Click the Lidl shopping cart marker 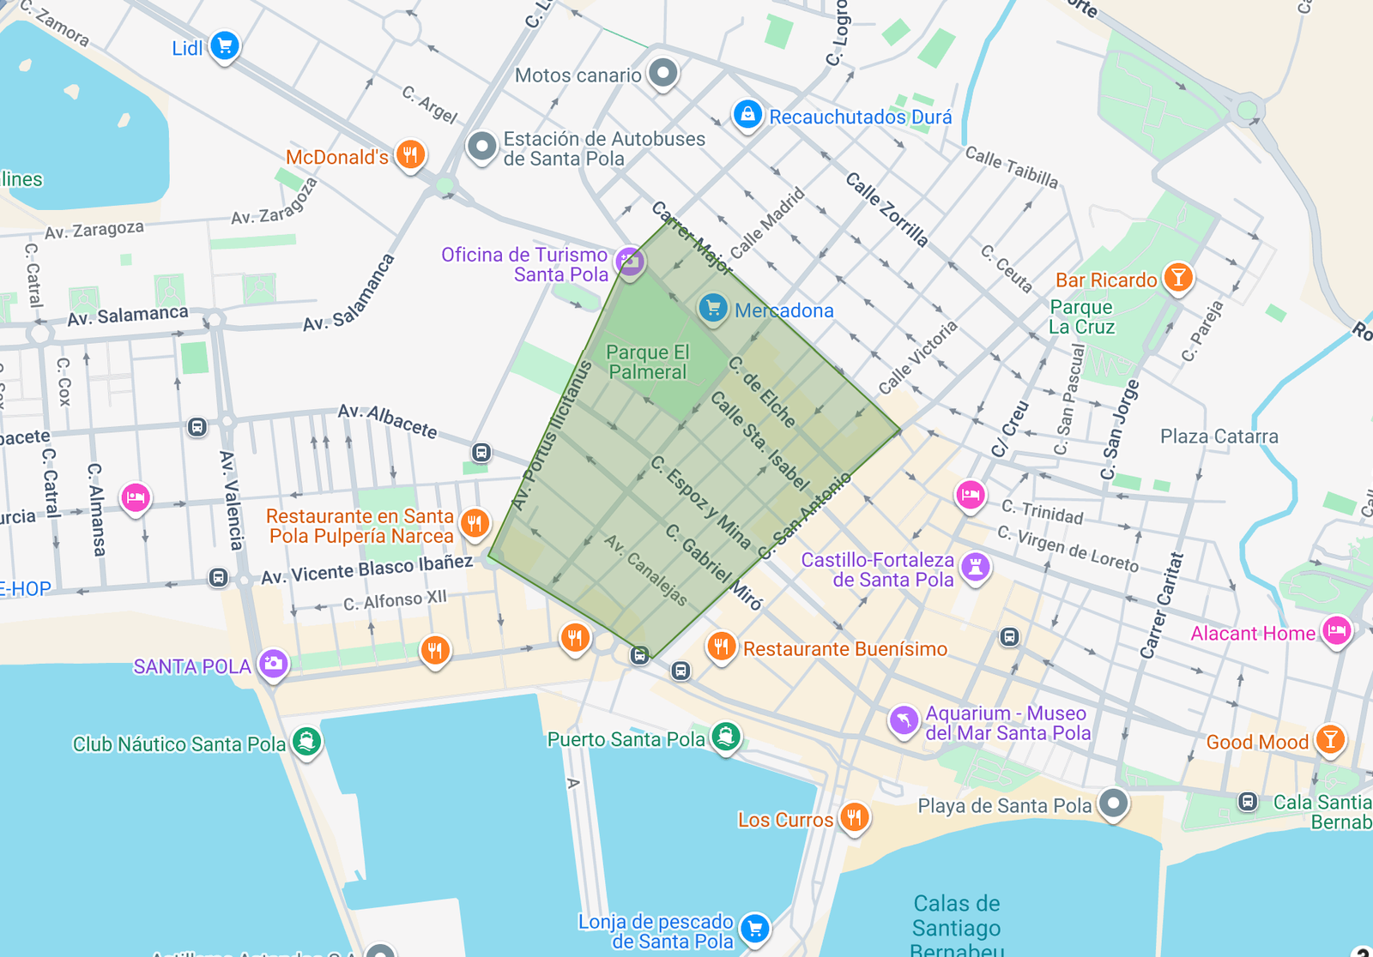[225, 45]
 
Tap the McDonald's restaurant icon [410, 155]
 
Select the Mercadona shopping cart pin [712, 309]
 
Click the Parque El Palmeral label [647, 362]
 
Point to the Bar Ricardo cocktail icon [1178, 278]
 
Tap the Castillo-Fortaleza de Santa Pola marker [975, 566]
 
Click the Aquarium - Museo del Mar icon [904, 720]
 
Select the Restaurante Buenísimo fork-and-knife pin [721, 647]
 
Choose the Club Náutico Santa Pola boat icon [306, 741]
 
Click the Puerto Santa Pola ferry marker [726, 737]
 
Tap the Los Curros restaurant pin [853, 816]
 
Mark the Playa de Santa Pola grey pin [1113, 804]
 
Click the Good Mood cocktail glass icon [1330, 739]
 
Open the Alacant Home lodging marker [1336, 632]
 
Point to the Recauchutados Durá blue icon [747, 114]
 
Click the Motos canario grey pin [662, 73]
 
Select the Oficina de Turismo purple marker [630, 261]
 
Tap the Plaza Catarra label [1219, 436]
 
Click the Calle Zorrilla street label [886, 209]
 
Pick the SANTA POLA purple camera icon [273, 664]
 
